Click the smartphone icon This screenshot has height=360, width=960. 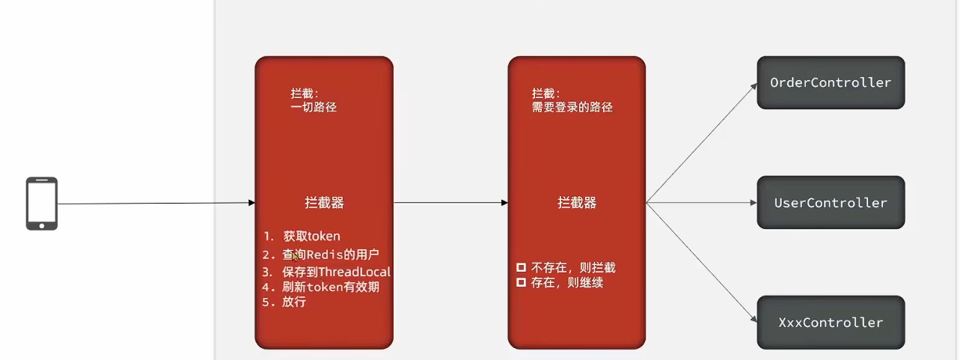coord(42,204)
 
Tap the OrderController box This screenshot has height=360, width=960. coord(831,82)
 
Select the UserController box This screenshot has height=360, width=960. coord(831,202)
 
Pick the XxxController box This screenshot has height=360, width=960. coord(831,323)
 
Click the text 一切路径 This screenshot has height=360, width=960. coord(314,107)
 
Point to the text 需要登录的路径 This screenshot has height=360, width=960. coord(572,107)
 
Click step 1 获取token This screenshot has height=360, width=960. coord(302,237)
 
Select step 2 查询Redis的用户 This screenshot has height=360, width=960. coord(320,254)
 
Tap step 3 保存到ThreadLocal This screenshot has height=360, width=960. coord(326,272)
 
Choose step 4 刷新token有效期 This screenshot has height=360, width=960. coord(320,287)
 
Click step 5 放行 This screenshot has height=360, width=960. coord(284,302)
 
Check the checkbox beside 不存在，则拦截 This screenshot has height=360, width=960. coord(521,267)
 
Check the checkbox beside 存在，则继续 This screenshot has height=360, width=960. coord(521,282)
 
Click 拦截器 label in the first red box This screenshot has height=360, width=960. coord(324,203)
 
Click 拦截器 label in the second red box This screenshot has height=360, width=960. coord(577,203)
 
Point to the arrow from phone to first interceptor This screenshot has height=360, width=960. coord(156,203)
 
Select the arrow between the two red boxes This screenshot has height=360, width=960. coord(450,203)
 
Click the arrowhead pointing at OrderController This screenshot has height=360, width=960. coord(753,87)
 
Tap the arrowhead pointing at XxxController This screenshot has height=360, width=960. coord(753,319)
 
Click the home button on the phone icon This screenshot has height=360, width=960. coord(42,225)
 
